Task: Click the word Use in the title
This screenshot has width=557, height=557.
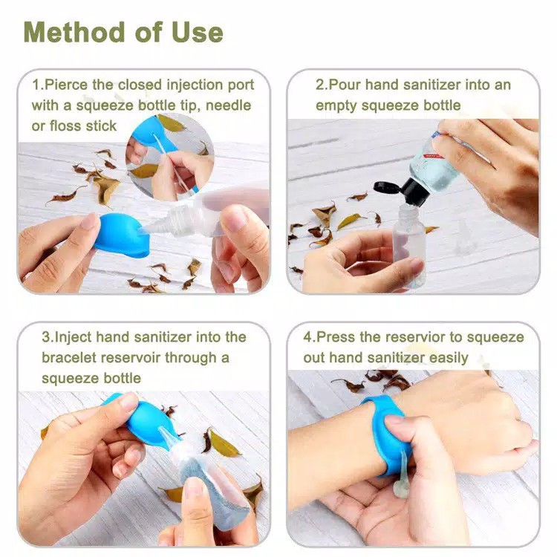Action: tap(197, 32)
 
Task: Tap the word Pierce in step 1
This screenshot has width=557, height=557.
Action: tap(66, 85)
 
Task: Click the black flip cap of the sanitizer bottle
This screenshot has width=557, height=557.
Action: tap(403, 190)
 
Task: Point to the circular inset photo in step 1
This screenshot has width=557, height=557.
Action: tap(170, 157)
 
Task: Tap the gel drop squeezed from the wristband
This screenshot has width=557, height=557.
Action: tap(401, 476)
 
